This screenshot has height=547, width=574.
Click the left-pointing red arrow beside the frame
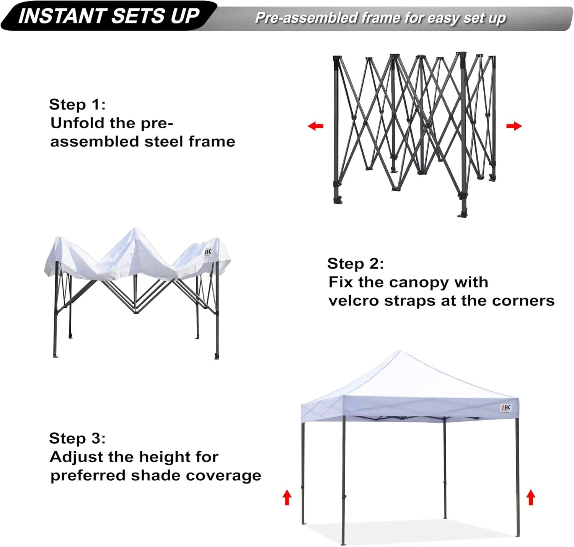(x=315, y=126)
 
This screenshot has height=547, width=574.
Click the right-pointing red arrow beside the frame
(x=514, y=126)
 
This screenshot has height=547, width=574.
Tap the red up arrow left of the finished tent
(x=287, y=497)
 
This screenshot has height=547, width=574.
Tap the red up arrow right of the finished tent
(x=530, y=497)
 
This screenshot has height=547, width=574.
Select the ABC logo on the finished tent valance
(x=506, y=408)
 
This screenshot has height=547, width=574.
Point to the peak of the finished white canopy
(x=400, y=350)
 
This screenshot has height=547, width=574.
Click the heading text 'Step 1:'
(x=77, y=104)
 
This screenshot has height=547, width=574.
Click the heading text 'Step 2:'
(x=355, y=263)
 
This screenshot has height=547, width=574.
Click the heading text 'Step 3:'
(x=77, y=438)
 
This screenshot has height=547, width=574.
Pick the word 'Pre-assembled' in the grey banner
(x=306, y=18)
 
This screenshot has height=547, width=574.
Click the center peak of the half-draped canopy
(x=134, y=229)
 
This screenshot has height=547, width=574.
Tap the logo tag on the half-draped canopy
(x=208, y=252)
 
